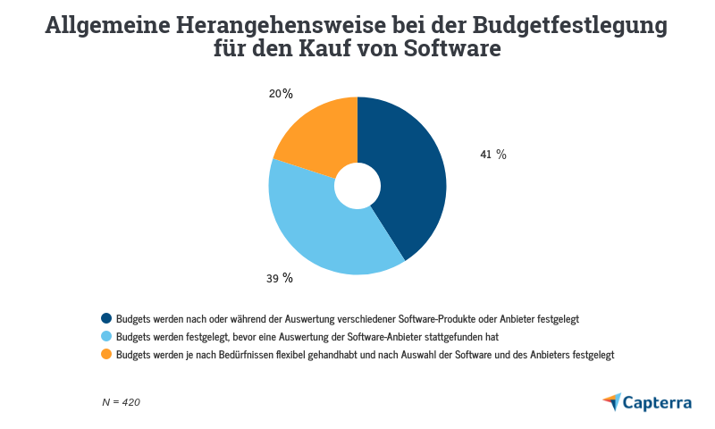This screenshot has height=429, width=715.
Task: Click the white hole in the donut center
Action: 357,185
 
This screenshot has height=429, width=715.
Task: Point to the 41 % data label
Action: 493,155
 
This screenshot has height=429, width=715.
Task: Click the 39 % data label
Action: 280,278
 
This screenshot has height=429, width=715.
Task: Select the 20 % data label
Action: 281,93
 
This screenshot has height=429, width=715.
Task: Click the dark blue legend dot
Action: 106,318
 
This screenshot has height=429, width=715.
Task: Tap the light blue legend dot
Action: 106,336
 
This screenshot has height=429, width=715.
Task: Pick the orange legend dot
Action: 106,354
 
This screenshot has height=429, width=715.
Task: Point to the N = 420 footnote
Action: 121,402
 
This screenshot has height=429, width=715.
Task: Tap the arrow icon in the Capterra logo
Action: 611,401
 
